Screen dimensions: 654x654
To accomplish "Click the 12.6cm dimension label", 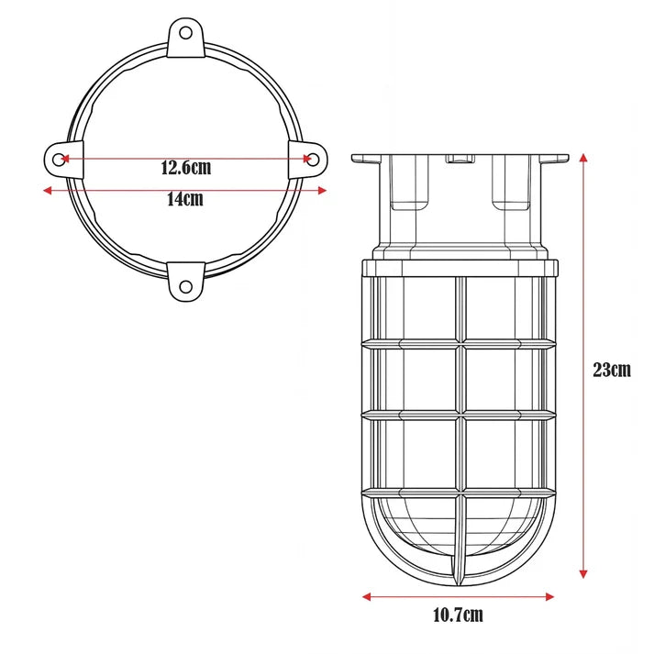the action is [186, 168].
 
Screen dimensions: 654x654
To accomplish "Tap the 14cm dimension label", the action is [185, 199].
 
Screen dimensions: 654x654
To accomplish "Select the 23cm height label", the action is [612, 370].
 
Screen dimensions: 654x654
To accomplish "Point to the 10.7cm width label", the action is [458, 615].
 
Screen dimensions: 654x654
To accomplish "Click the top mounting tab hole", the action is [186, 33].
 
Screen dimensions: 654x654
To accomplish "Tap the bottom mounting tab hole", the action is [186, 286].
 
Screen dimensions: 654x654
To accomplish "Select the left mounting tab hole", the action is [59, 160].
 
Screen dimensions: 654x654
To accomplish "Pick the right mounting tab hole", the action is [313, 160].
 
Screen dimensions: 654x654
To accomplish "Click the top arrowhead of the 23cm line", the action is [583, 158].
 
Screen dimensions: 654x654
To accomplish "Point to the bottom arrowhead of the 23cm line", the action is [583, 574].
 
